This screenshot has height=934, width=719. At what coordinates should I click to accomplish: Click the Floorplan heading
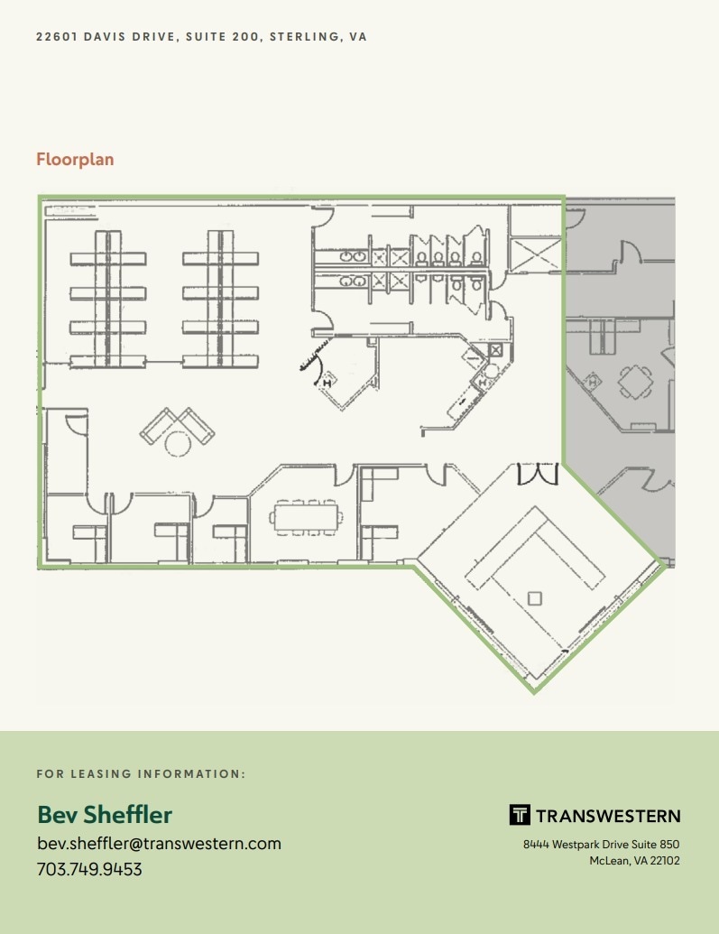click(x=75, y=160)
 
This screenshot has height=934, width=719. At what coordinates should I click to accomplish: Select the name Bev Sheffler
click(x=105, y=815)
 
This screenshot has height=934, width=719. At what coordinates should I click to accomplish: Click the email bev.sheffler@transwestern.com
click(x=159, y=844)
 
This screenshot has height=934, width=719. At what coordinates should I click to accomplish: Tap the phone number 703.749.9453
click(x=89, y=870)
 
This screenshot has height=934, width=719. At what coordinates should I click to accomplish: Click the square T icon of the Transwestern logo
click(x=520, y=815)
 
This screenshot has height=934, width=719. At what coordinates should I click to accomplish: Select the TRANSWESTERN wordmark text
click(x=608, y=816)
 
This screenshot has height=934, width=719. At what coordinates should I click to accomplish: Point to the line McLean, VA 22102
click(x=634, y=861)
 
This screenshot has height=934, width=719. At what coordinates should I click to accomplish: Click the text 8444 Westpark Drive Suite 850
click(x=601, y=845)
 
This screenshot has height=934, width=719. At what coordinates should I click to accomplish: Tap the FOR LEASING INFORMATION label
click(x=141, y=774)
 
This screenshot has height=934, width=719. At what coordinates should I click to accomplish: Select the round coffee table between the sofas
click(x=177, y=442)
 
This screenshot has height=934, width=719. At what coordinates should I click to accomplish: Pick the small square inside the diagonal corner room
click(x=534, y=597)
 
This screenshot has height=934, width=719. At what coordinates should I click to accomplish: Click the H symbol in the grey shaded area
click(x=594, y=383)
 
